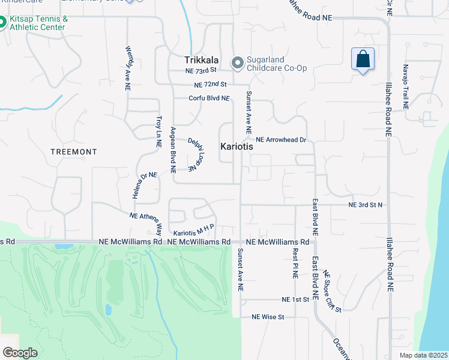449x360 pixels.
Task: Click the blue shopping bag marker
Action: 363,59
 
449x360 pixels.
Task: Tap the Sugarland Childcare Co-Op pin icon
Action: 238,62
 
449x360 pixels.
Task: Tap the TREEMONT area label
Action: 74,152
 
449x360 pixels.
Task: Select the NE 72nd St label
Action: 210,85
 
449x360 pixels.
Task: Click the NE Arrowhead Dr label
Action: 281,140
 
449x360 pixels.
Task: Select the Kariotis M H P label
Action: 194,230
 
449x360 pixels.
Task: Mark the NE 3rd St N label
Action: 366,205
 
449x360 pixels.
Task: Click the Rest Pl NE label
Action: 295,263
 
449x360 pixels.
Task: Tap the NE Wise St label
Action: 268,316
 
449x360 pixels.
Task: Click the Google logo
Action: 20,353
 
